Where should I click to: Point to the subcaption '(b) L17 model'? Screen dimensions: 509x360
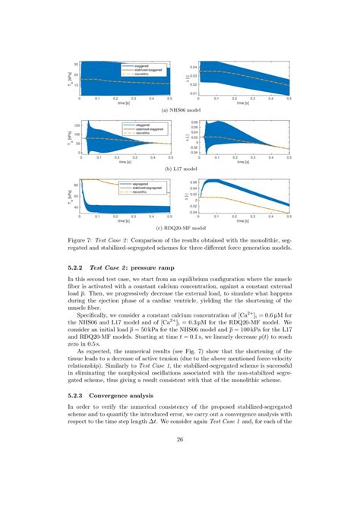click(179, 168)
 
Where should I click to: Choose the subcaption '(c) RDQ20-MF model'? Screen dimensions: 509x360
click(179, 227)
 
